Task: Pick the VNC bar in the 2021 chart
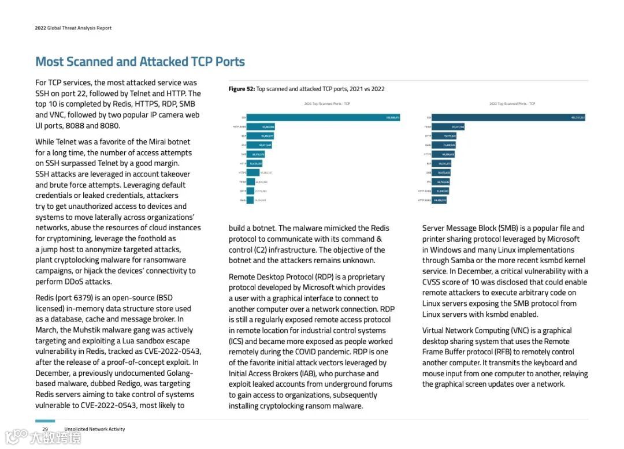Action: tap(259, 145)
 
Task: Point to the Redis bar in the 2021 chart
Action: tap(250, 200)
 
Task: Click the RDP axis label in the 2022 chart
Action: tap(429, 163)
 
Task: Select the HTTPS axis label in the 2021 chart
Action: tap(243, 172)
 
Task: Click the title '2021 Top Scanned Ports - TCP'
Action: tap(327, 104)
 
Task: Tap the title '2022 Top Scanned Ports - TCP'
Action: tap(512, 104)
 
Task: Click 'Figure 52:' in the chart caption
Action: tap(242, 89)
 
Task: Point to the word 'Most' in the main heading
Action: tap(49, 62)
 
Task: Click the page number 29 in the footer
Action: tap(44, 429)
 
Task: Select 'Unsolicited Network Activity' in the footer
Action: tap(95, 429)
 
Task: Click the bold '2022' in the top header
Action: tap(40, 28)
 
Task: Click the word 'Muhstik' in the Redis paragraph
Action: tap(88, 330)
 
